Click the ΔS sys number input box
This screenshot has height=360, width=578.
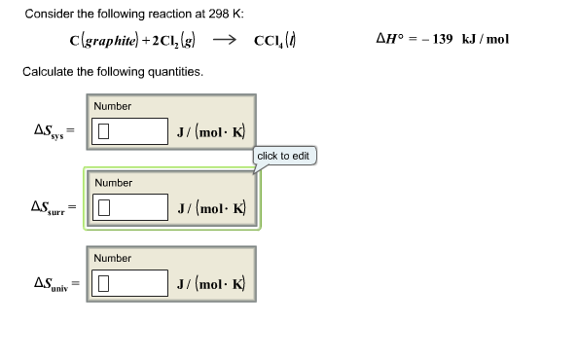pyautogui.click(x=130, y=131)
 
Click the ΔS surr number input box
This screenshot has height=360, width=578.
pyautogui.click(x=130, y=206)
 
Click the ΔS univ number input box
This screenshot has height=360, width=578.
pyautogui.click(x=130, y=283)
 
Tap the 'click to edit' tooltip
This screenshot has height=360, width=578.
pyautogui.click(x=284, y=156)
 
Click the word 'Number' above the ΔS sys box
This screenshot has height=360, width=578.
pyautogui.click(x=113, y=106)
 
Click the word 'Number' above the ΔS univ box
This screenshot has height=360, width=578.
pyautogui.click(x=113, y=258)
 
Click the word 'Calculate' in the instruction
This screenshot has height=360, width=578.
pyautogui.click(x=47, y=72)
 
